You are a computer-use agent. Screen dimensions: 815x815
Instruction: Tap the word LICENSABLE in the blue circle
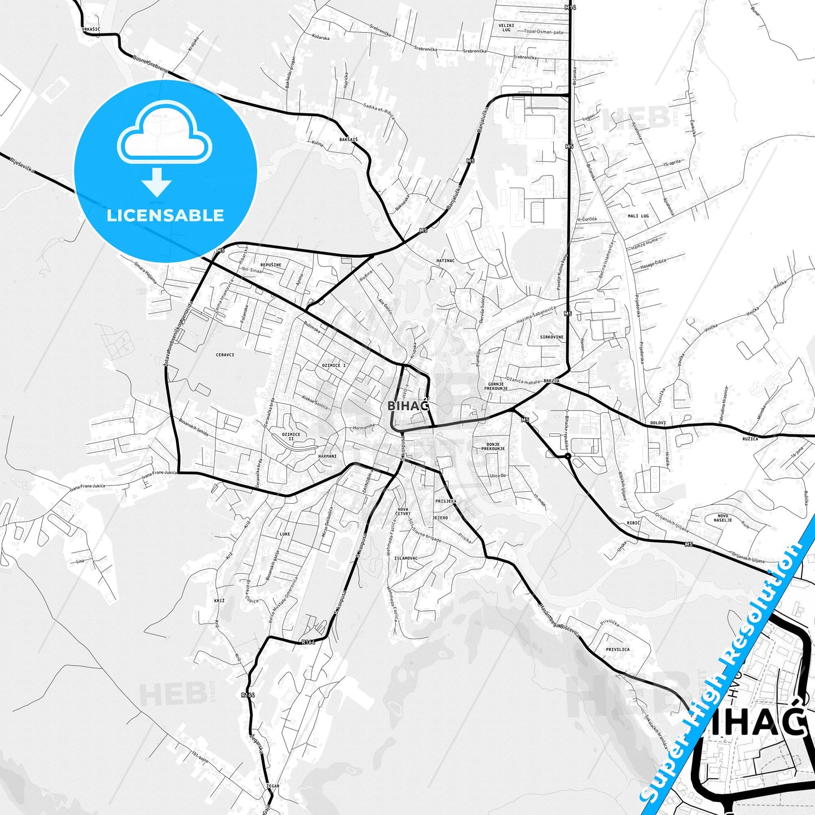point(165,215)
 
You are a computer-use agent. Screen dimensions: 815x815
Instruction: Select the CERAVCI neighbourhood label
point(225,355)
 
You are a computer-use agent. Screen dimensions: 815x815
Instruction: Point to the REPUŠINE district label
point(271,265)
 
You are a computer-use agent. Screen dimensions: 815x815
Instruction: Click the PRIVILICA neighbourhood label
point(618,649)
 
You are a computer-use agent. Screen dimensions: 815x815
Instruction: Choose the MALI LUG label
point(638,216)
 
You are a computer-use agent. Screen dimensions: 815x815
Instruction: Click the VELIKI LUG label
point(506,27)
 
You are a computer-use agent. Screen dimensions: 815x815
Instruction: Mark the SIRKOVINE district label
point(552,337)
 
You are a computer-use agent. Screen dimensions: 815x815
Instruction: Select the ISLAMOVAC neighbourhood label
point(406,558)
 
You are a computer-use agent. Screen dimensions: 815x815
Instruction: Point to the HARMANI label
point(327,456)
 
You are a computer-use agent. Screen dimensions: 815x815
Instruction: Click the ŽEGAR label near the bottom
point(273,786)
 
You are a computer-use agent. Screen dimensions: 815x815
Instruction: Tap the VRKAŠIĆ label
point(91,29)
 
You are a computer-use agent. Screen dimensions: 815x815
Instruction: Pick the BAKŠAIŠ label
point(349,139)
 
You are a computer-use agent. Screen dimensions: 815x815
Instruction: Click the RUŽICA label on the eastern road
point(750,438)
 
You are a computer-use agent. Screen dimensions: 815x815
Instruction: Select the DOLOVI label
point(658,422)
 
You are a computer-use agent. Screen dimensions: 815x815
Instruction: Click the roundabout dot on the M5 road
point(567,456)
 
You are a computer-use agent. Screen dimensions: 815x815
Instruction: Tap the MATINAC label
point(446,261)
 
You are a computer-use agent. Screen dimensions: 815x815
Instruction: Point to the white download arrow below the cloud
point(157,181)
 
